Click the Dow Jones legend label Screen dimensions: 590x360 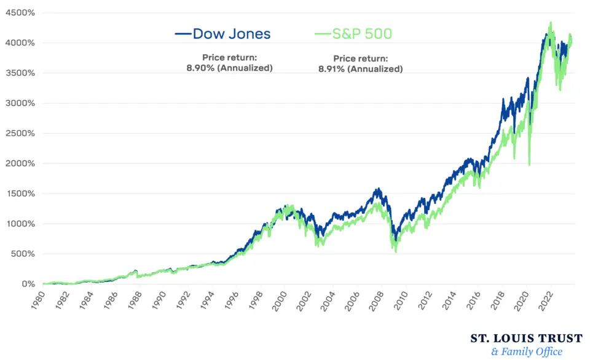[x=232, y=34]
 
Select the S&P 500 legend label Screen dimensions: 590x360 [x=362, y=34]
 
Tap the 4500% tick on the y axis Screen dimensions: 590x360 [x=20, y=13]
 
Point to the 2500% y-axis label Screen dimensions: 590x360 [x=20, y=133]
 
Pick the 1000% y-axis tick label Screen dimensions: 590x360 [x=20, y=224]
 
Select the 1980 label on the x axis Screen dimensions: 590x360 [x=37, y=300]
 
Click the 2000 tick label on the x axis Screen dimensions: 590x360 [x=279, y=300]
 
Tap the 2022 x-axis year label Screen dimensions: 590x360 [x=545, y=300]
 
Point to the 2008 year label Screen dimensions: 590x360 [x=376, y=300]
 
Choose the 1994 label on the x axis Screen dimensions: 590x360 [x=207, y=300]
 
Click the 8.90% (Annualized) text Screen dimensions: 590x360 [x=229, y=68]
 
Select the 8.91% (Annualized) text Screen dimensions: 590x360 [x=361, y=69]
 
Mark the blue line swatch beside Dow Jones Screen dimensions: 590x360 [x=183, y=34]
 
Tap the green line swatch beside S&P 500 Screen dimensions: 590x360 [x=323, y=34]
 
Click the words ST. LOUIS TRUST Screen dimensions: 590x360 [x=527, y=338]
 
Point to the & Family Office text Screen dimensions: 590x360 [x=527, y=352]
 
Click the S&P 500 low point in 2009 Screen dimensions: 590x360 [x=396, y=252]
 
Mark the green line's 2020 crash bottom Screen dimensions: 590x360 [x=529, y=165]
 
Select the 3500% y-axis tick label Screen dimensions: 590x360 [x=20, y=73]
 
